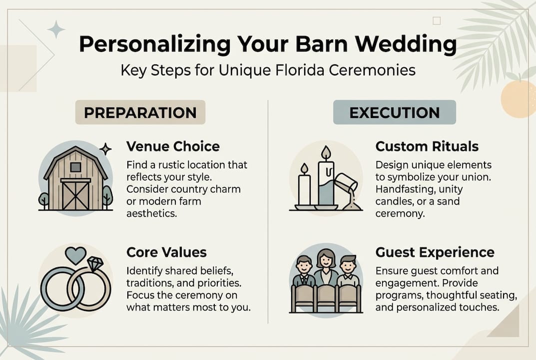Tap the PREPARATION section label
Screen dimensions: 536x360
(140, 112)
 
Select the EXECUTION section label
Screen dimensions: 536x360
(395, 112)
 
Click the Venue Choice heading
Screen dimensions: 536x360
(173, 146)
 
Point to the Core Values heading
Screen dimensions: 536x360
(166, 252)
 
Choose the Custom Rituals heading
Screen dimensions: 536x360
(427, 146)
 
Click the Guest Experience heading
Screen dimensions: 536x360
(435, 252)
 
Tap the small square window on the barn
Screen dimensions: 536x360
(75, 167)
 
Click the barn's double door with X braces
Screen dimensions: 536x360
(75, 195)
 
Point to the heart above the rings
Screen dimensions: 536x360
(75, 255)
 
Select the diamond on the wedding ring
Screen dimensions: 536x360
(95, 264)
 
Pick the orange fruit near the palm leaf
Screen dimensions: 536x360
(518, 98)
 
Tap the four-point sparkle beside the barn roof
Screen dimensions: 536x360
(105, 149)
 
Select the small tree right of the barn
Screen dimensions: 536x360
(107, 197)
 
